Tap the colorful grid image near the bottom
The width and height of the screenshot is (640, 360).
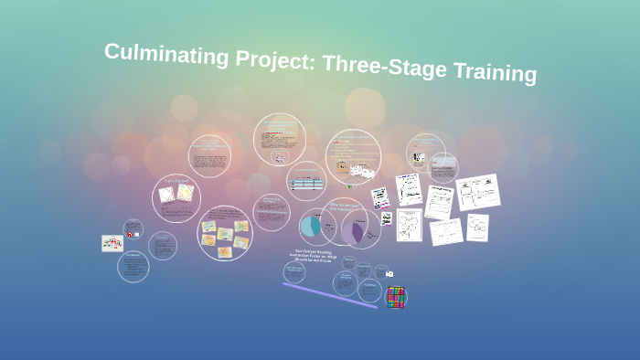click(395, 297)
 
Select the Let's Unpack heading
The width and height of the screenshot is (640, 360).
click(176, 181)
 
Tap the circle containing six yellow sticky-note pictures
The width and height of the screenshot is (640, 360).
click(225, 233)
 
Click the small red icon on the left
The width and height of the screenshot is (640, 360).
click(131, 235)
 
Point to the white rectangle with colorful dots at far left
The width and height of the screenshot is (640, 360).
click(112, 243)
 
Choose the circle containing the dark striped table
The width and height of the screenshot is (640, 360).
click(306, 182)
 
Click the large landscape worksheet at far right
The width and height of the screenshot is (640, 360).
click(477, 192)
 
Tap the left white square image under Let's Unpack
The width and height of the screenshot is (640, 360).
click(166, 195)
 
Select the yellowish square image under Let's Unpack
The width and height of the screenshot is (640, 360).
click(185, 193)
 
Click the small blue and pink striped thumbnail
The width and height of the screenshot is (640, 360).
click(380, 198)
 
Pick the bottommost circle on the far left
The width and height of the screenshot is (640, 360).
click(133, 266)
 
